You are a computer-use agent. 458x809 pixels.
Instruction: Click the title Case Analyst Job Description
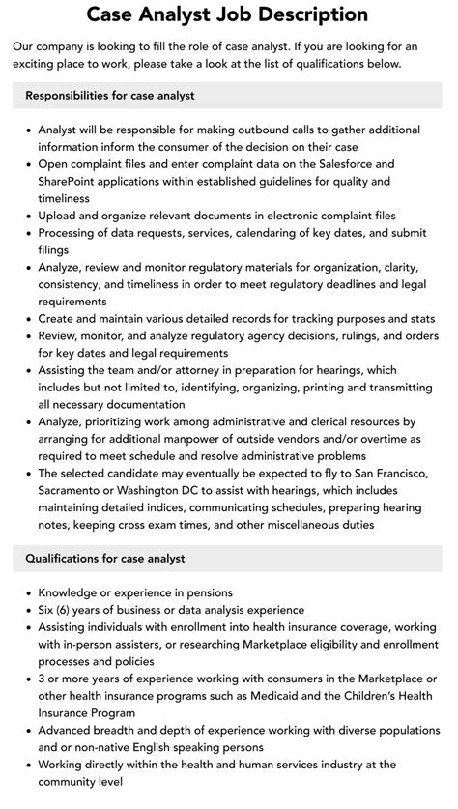point(228,14)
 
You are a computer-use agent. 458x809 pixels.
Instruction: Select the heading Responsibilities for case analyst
point(110,96)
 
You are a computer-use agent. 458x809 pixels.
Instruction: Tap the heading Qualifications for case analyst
point(105,558)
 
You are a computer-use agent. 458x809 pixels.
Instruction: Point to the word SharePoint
point(73,181)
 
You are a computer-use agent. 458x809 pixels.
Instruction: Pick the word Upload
point(58,215)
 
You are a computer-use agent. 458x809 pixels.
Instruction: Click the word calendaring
point(274,232)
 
